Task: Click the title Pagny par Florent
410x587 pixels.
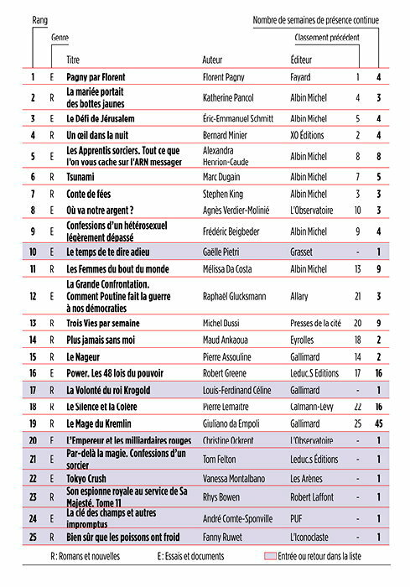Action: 96,78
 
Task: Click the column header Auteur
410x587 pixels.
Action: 213,60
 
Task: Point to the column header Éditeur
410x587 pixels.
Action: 300,60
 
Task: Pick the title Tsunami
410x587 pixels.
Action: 80,177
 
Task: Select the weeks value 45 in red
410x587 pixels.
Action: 379,424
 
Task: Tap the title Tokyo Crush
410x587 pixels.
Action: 90,478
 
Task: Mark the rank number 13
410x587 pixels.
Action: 33,323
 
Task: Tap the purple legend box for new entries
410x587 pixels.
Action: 271,556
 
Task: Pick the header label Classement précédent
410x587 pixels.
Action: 326,38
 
